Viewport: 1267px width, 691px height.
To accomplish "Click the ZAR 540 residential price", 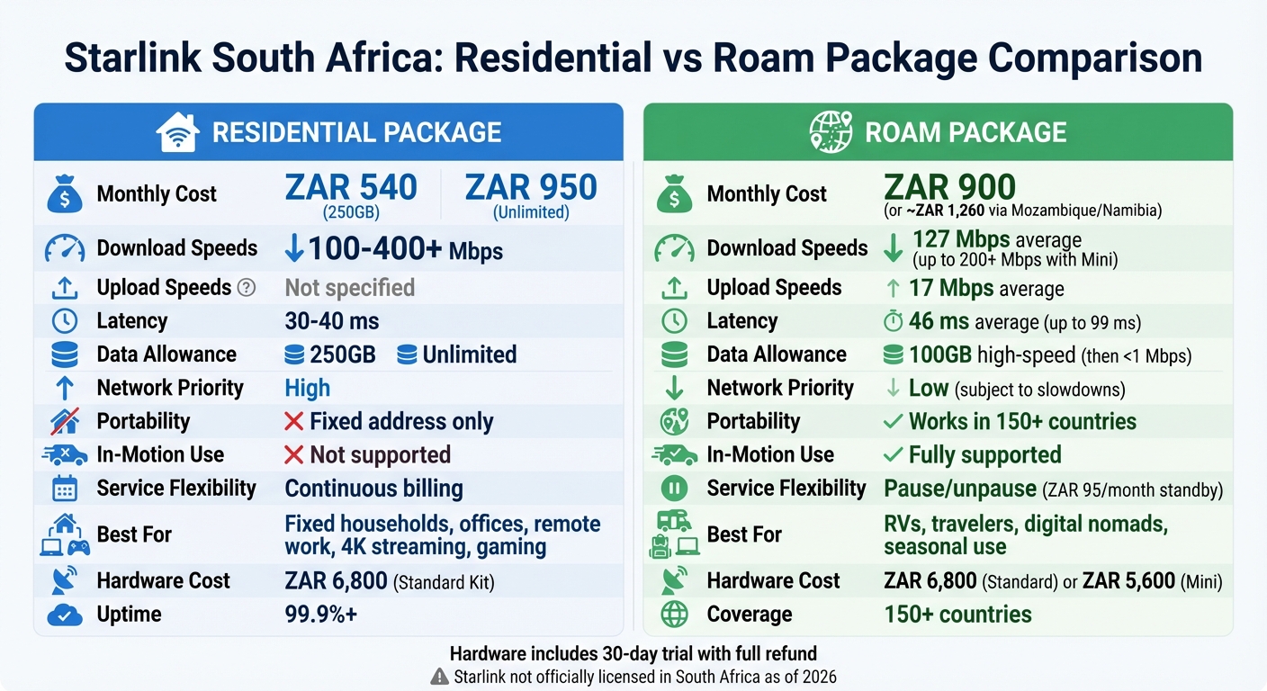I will [x=351, y=188].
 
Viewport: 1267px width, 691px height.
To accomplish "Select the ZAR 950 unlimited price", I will [x=531, y=188].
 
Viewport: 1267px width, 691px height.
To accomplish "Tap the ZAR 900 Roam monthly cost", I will [x=949, y=187].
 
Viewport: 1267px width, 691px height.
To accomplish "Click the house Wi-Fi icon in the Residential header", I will [x=177, y=132].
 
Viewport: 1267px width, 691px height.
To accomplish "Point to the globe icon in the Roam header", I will [x=831, y=132].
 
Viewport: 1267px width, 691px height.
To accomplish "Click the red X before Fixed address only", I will [x=293, y=421].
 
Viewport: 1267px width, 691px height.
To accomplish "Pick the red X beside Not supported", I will [x=293, y=454].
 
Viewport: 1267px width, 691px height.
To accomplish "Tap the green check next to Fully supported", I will [x=894, y=454].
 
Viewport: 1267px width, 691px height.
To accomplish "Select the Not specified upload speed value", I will [x=349, y=288].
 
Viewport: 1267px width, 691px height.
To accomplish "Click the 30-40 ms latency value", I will [x=331, y=321].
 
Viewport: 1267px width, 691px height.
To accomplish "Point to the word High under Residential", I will [x=307, y=388].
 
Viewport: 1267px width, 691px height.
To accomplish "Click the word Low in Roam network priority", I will [x=928, y=388].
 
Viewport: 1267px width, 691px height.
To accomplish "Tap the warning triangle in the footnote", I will [x=440, y=677].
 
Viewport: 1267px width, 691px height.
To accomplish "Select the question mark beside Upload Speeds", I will [x=246, y=288].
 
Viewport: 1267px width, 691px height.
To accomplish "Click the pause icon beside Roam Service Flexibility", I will [x=674, y=489].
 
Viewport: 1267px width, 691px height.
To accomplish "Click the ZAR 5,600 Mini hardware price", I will [x=1128, y=581].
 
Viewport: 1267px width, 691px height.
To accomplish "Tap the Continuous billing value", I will [x=373, y=489].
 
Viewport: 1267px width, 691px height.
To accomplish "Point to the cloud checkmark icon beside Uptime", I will [x=64, y=615].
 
